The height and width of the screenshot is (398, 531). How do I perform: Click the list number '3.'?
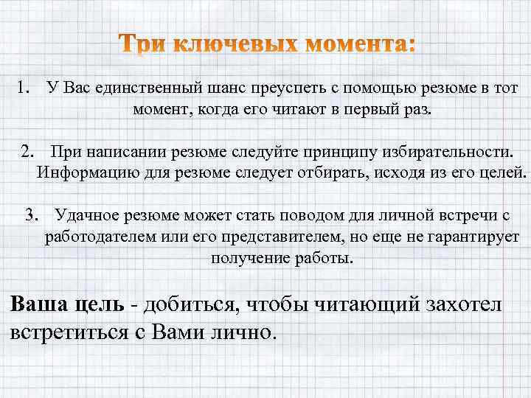tap(33, 216)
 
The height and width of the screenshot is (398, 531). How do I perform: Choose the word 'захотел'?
tap(465, 303)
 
